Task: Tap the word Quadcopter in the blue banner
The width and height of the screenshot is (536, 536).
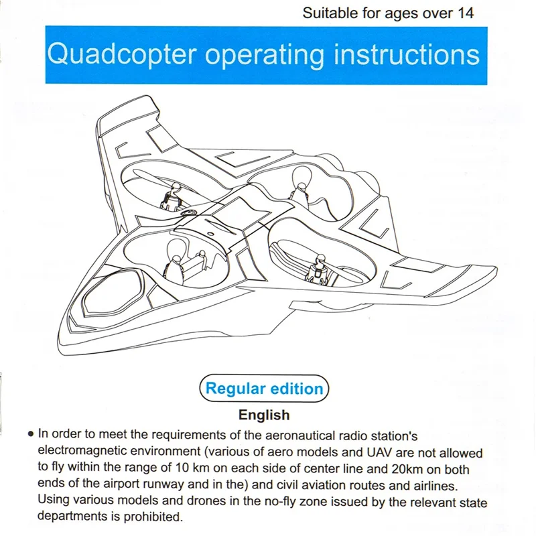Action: pyautogui.click(x=122, y=55)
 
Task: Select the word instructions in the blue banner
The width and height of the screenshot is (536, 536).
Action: pyautogui.click(x=407, y=55)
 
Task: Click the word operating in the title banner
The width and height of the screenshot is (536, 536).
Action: pyautogui.click(x=265, y=56)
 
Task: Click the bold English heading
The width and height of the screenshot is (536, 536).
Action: pyautogui.click(x=264, y=415)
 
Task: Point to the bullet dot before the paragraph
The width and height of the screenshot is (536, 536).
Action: pyautogui.click(x=31, y=434)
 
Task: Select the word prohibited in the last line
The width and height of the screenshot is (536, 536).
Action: pyautogui.click(x=152, y=516)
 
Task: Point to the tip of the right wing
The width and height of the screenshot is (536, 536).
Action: pyautogui.click(x=495, y=269)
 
